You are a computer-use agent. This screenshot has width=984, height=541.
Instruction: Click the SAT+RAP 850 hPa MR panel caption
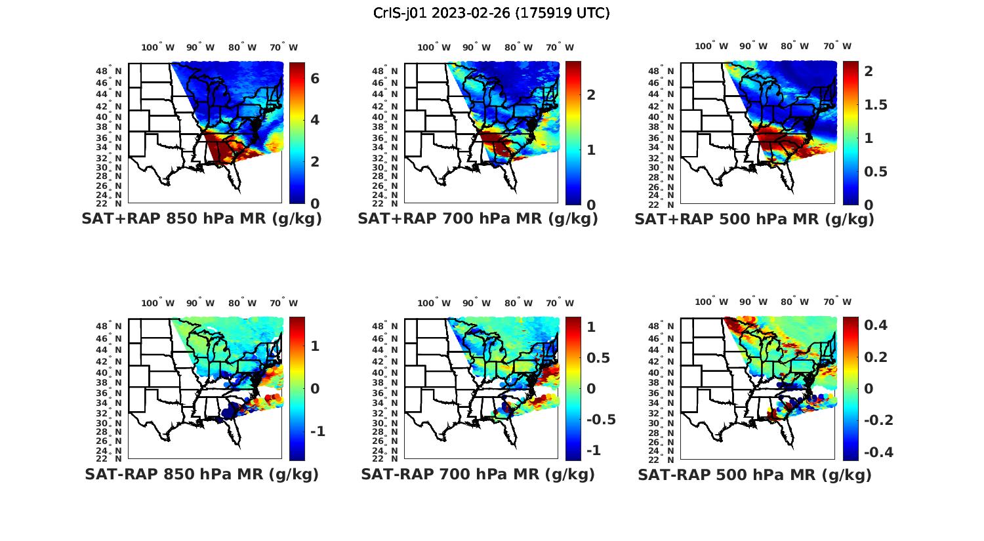pyautogui.click(x=201, y=219)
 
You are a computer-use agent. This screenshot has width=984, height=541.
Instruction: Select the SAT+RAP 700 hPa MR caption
pyautogui.click(x=478, y=219)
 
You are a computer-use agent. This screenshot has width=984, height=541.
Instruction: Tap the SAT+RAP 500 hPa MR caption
pyautogui.click(x=754, y=219)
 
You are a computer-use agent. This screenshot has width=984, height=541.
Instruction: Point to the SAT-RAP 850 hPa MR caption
pyautogui.click(x=201, y=474)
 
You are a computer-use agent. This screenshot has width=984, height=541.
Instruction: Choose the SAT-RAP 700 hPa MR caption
pyautogui.click(x=478, y=474)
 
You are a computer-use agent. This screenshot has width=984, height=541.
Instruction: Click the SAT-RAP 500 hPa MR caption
pyautogui.click(x=754, y=474)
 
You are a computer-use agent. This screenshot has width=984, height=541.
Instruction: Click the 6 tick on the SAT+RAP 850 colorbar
pyautogui.click(x=315, y=78)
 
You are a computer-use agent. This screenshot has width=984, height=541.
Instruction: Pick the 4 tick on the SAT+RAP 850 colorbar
pyautogui.click(x=315, y=119)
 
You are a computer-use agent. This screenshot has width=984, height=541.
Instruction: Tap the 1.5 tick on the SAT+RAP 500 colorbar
pyautogui.click(x=876, y=105)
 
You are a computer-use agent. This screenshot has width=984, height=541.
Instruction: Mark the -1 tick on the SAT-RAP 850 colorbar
pyautogui.click(x=317, y=431)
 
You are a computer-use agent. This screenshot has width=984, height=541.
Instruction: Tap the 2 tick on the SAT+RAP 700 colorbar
pyautogui.click(x=591, y=94)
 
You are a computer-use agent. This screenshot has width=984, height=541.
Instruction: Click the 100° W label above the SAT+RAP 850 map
pyautogui.click(x=157, y=47)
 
